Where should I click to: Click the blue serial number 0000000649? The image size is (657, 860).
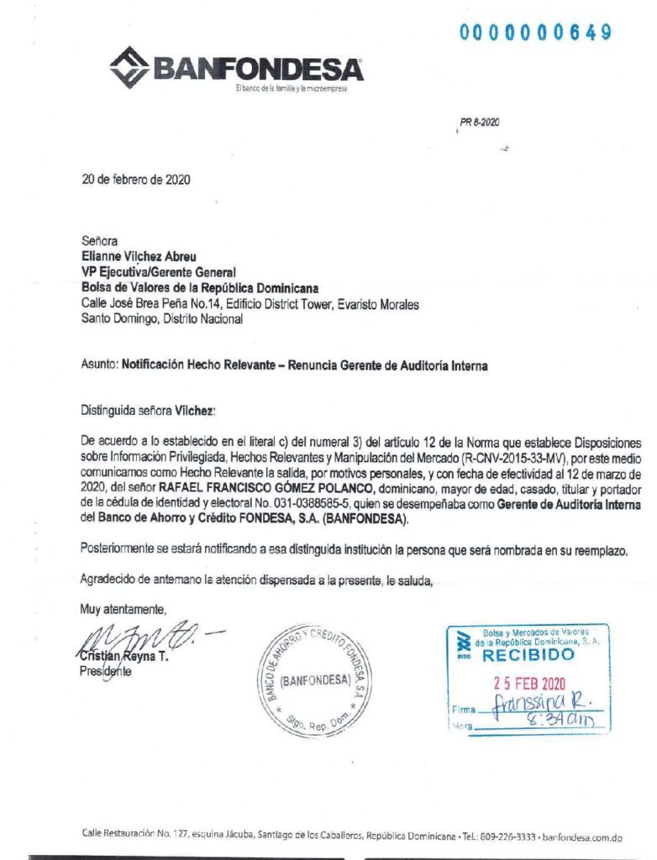[x=534, y=33]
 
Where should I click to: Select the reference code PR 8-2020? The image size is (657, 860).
[x=480, y=123]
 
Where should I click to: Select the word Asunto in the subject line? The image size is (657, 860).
[x=97, y=365]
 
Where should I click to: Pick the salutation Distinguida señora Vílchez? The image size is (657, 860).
[x=148, y=412]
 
